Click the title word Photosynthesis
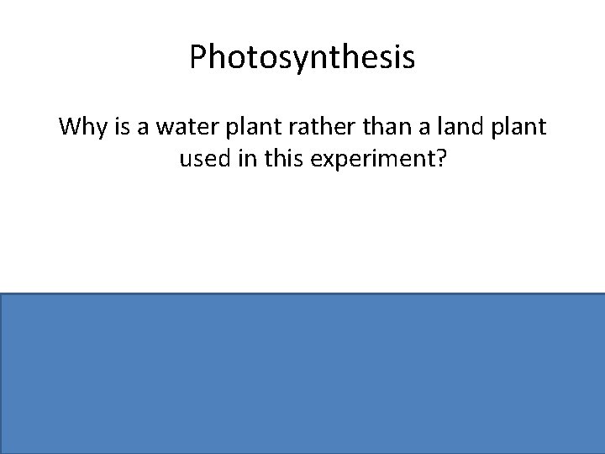point(302,58)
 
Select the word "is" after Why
point(120,128)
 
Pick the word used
point(203,160)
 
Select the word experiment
point(367,161)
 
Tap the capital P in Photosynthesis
point(198,57)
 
